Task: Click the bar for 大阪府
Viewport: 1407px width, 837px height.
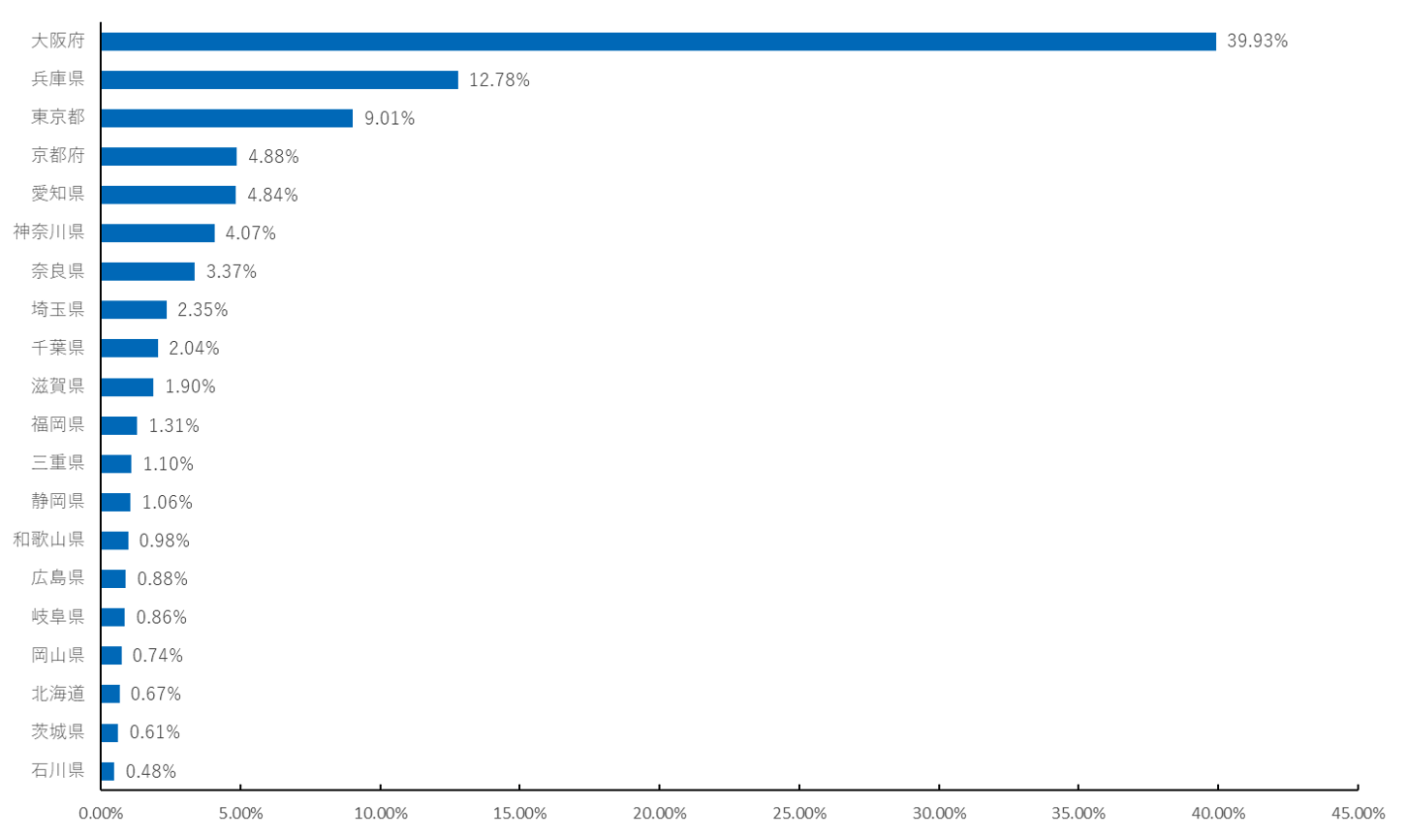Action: pos(659,42)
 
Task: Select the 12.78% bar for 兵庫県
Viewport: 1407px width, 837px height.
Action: pos(280,79)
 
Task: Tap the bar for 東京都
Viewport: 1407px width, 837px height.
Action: pos(227,118)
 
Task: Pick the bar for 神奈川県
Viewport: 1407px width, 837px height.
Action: pos(158,233)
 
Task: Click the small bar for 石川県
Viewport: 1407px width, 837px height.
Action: pos(108,771)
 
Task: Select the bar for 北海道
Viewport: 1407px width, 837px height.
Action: pos(110,694)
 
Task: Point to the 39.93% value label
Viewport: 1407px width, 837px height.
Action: pos(1257,42)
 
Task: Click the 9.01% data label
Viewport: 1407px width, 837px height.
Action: pos(389,118)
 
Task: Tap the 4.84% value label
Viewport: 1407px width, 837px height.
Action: pos(272,195)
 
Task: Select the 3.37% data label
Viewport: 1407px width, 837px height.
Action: pos(232,271)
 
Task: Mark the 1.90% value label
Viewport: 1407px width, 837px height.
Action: pos(190,387)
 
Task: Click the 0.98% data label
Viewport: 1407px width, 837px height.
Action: pos(164,541)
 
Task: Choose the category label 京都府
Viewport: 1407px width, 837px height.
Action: pos(57,156)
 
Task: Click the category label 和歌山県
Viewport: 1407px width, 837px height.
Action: pos(48,540)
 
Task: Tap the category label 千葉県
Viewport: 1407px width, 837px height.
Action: pos(57,348)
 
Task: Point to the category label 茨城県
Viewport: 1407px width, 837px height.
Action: pos(57,731)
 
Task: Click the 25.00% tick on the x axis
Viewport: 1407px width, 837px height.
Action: pos(799,813)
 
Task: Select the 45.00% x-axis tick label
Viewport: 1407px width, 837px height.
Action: pos(1358,813)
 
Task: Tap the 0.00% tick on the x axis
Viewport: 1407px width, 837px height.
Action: pos(101,813)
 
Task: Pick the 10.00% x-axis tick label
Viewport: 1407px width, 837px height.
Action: pos(380,813)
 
